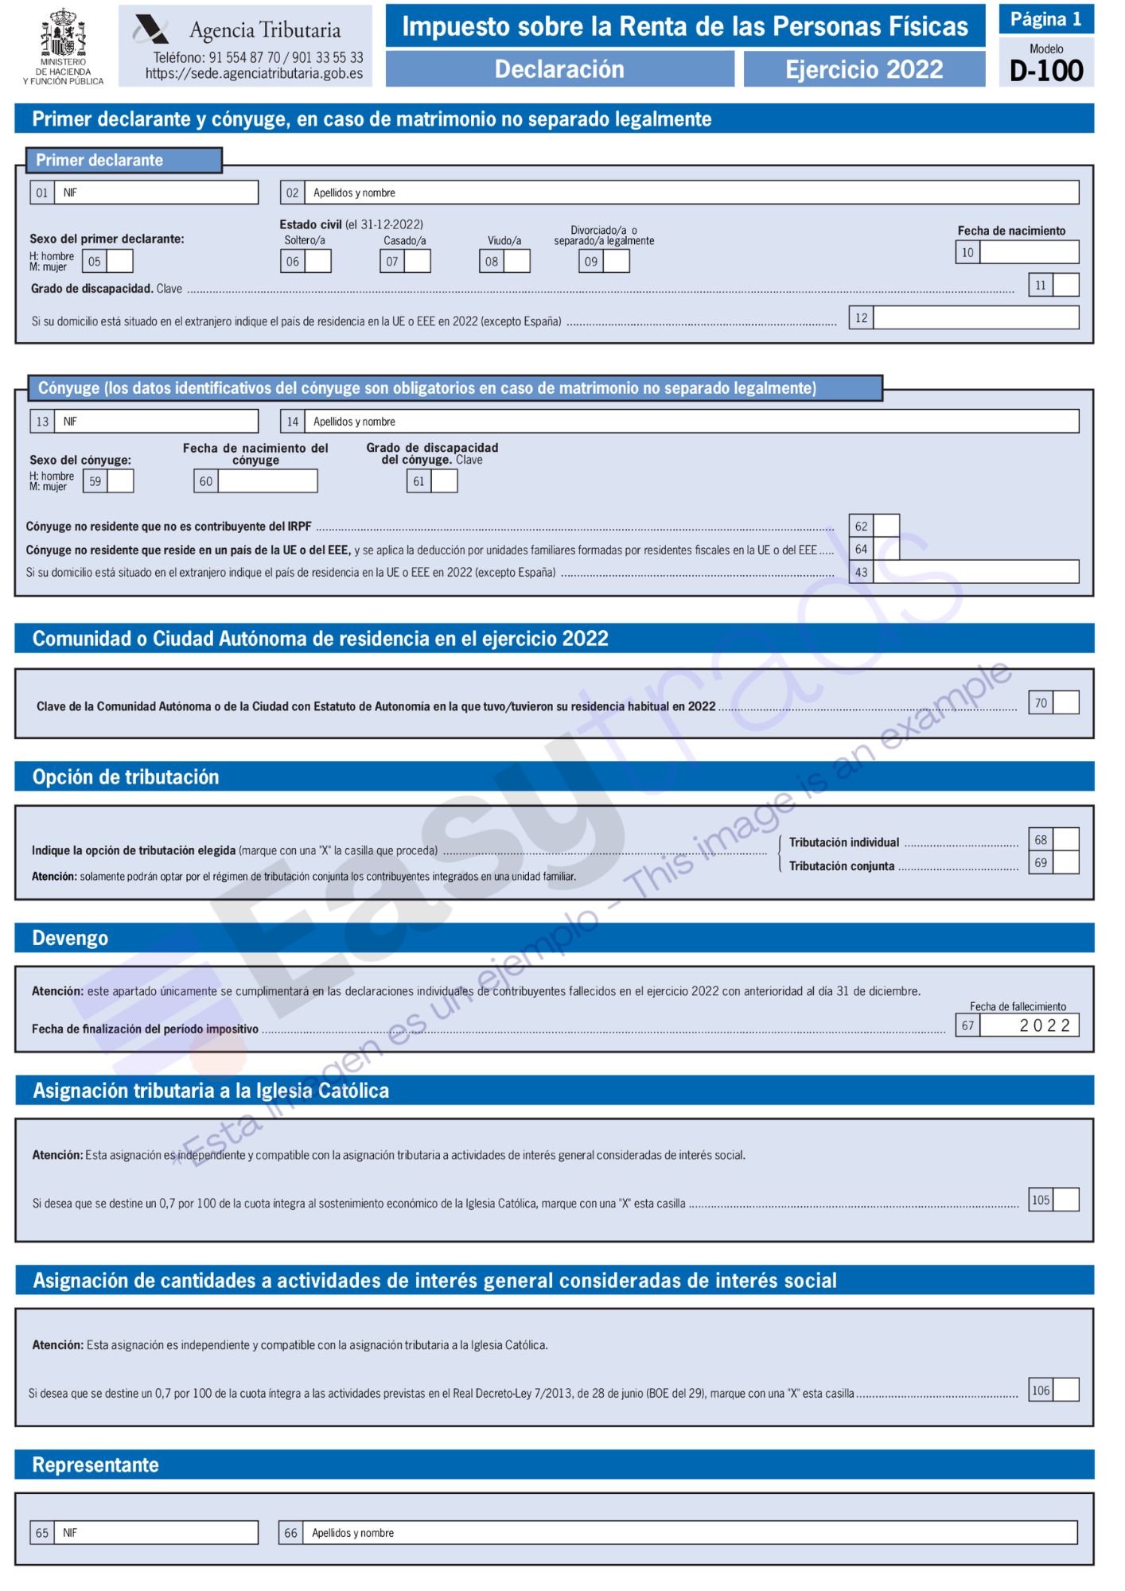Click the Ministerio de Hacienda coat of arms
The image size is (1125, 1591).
pos(63,33)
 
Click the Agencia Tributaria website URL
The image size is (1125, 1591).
pos(254,74)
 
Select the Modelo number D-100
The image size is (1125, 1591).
pos(1045,71)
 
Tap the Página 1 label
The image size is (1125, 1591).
pos(1045,19)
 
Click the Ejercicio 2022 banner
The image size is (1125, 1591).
pos(863,69)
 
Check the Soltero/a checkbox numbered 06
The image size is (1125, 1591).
pos(317,261)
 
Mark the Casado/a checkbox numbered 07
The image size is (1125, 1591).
pos(417,261)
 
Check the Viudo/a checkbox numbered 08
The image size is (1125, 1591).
pos(516,261)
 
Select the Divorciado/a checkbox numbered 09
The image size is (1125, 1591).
pos(616,261)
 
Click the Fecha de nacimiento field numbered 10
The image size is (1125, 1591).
pos(1029,252)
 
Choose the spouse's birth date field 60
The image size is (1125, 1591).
pos(267,481)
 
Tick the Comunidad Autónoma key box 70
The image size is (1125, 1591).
pos(1065,702)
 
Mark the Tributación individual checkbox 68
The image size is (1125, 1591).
pos(1065,839)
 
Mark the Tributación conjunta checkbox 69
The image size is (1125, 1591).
pos(1065,862)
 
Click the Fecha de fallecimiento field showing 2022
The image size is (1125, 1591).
pos(1029,1025)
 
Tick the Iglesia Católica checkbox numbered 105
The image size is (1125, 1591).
pos(1065,1200)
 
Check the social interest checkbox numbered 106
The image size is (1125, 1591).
pos(1065,1390)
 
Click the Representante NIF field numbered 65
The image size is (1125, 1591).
pos(156,1533)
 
